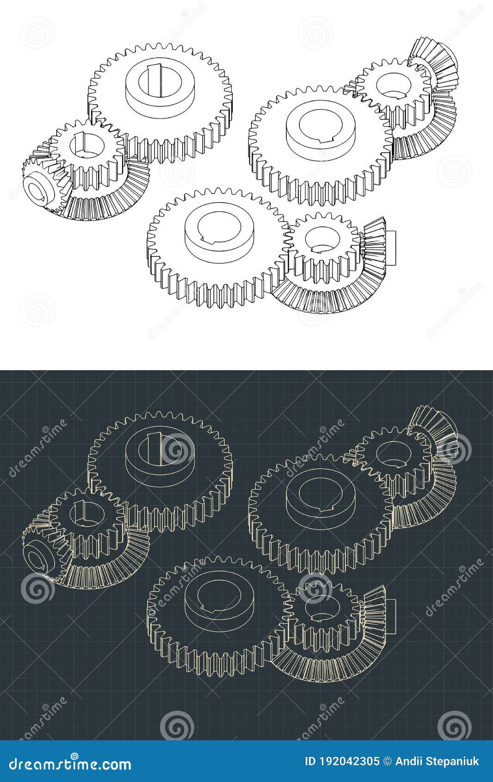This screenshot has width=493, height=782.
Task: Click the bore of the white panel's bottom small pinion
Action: (x=322, y=240)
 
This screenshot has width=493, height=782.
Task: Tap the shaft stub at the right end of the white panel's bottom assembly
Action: (x=390, y=248)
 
